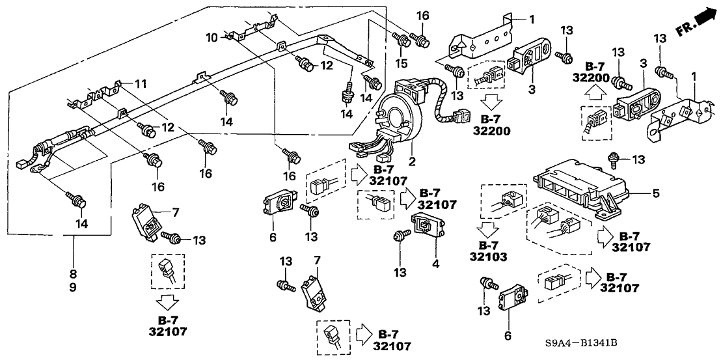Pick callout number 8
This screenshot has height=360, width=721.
[73, 273]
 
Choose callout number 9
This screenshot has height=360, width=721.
[73, 286]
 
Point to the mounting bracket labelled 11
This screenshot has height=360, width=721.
[98, 94]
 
